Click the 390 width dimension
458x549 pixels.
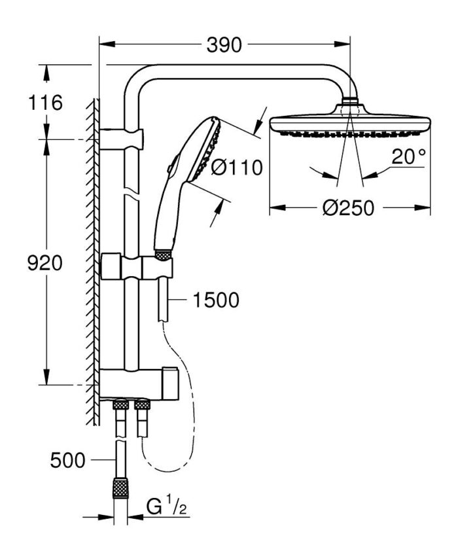point(224,45)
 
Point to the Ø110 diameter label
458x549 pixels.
point(237,168)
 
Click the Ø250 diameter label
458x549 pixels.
point(349,208)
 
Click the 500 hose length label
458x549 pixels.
point(68,460)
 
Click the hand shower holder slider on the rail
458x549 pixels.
point(137,268)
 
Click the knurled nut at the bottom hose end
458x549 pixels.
point(120,487)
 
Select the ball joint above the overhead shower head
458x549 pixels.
point(350,104)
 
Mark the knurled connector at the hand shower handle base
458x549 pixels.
point(162,253)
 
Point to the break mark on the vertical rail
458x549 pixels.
point(132,195)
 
